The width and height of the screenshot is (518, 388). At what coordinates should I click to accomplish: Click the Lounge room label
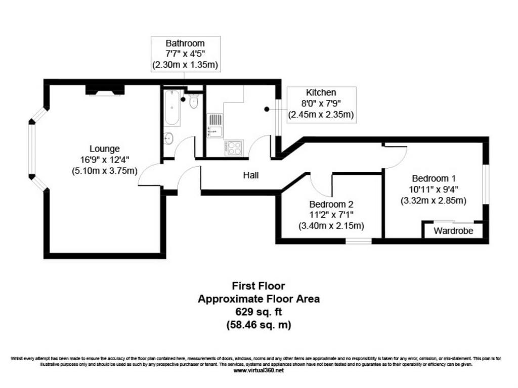105,149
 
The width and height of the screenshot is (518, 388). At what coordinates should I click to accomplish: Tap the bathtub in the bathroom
172,107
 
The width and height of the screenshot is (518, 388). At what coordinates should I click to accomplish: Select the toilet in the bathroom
194,101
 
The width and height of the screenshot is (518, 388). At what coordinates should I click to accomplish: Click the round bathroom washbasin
168,138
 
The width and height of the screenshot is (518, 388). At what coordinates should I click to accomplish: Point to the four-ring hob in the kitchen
234,148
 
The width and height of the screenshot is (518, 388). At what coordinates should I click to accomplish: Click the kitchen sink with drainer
215,126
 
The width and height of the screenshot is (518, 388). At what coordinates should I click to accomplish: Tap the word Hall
251,175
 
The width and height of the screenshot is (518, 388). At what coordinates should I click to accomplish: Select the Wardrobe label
453,230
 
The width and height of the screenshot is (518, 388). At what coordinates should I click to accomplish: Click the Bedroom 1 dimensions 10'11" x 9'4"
434,189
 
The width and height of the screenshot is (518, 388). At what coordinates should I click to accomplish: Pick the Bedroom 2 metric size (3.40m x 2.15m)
331,226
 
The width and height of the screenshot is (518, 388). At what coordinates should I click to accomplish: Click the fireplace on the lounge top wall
105,90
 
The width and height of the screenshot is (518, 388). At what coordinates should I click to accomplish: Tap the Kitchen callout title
321,92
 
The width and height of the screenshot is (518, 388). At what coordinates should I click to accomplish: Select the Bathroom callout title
185,43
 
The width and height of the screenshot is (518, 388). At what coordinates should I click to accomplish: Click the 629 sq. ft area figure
258,311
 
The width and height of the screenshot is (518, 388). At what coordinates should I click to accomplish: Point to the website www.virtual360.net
258,370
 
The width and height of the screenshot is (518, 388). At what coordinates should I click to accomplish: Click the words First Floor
258,286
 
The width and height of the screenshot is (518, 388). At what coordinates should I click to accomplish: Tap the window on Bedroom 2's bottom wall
359,241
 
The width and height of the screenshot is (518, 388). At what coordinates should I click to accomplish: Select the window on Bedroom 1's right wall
486,184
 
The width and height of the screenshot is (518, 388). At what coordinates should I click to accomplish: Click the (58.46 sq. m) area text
258,325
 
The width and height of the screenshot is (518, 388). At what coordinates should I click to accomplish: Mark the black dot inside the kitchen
267,109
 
